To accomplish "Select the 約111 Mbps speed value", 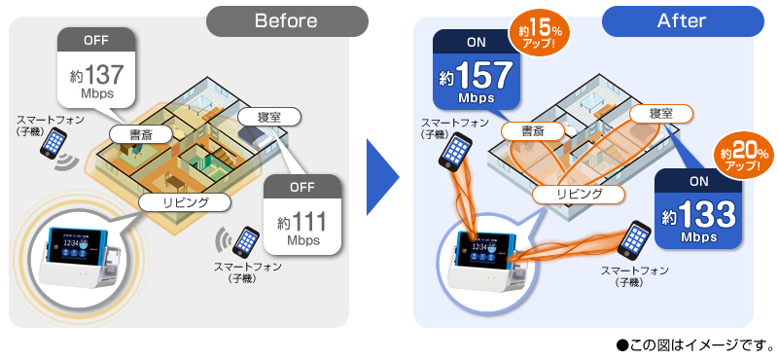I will [303, 227].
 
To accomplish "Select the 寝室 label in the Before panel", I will [268, 116].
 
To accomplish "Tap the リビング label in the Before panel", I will [184, 202].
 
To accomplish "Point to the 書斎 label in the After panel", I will [532, 130].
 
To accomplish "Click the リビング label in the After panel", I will [579, 195].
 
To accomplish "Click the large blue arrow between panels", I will [383, 176].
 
